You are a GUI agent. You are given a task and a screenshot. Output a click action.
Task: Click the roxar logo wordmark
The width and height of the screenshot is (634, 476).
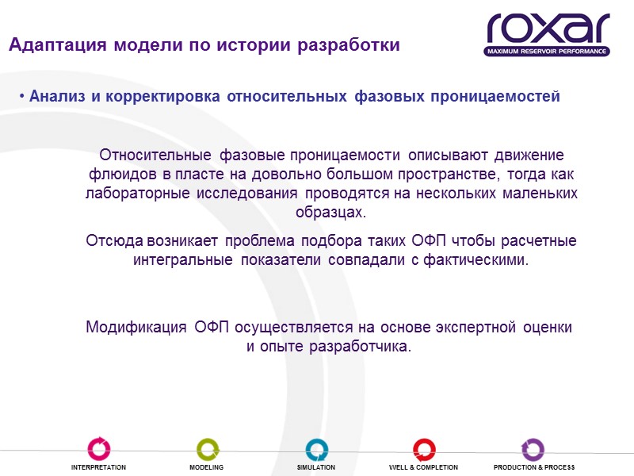click(x=548, y=29)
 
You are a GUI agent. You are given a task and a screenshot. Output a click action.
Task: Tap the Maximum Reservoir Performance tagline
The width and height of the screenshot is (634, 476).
click(x=548, y=52)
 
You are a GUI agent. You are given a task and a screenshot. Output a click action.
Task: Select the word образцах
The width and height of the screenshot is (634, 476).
click(x=331, y=213)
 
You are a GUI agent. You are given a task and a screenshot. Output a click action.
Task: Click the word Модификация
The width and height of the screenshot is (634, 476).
click(x=136, y=327)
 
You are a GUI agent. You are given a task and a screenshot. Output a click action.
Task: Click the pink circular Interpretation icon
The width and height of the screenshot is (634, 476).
click(x=99, y=448)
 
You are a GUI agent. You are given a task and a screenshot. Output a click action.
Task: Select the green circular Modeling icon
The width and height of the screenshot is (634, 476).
click(x=207, y=448)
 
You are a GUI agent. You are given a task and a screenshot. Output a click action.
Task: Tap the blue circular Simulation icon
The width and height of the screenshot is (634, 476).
click(x=316, y=448)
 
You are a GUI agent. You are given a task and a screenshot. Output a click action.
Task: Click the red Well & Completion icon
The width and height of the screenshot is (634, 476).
click(x=423, y=448)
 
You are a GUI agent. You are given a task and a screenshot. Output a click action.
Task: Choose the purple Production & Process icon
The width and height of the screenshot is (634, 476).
click(x=533, y=448)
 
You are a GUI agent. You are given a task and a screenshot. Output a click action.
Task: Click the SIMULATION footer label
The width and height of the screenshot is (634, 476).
click(x=316, y=468)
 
